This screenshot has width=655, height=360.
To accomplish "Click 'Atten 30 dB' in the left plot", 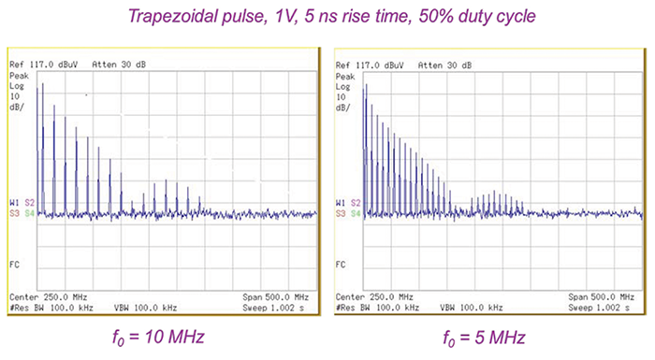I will [118, 65].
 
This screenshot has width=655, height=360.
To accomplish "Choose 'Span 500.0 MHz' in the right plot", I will [606, 295].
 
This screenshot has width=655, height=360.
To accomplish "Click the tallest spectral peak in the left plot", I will [38, 86].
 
